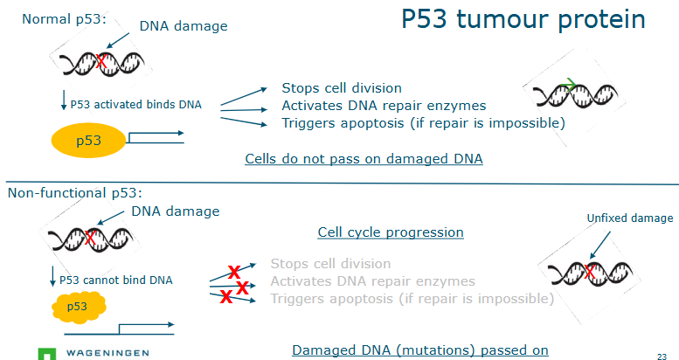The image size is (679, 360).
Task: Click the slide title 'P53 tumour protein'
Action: point(523,20)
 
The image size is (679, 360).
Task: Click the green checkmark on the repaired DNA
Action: point(570,85)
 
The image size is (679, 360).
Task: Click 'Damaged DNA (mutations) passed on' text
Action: point(419,350)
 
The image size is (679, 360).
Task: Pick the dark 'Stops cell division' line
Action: point(342,88)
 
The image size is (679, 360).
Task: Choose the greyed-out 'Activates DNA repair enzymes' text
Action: point(372,280)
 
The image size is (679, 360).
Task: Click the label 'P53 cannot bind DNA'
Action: point(115,280)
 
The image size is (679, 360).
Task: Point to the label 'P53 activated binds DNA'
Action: point(135,105)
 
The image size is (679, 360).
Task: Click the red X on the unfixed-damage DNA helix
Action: point(590,273)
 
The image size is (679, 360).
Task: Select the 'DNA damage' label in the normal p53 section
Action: point(183,26)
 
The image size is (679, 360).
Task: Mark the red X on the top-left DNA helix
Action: point(102,61)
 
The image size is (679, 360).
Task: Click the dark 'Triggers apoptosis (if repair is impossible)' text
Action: point(423,123)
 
